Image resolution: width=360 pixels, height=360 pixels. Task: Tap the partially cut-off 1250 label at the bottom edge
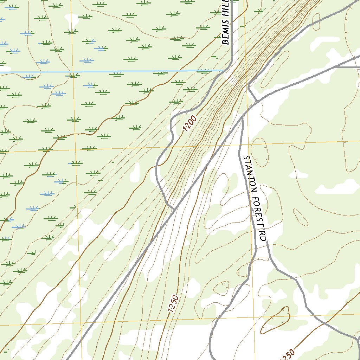[288, 355]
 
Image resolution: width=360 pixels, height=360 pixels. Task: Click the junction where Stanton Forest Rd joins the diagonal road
[242, 119]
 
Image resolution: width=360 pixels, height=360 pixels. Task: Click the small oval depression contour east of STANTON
[260, 152]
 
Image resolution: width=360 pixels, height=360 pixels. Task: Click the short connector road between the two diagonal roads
[253, 94]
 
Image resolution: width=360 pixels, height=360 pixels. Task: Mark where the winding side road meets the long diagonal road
[175, 210]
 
